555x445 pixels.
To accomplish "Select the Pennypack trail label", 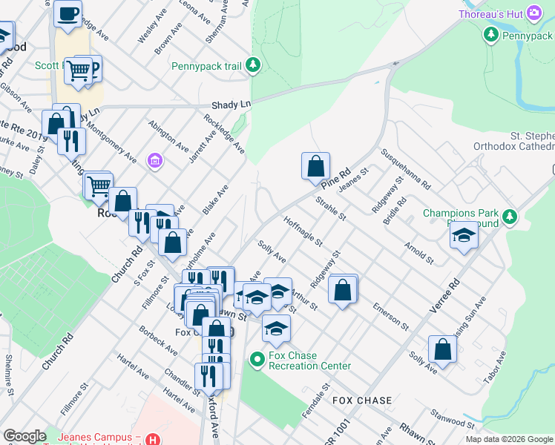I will point(207,66).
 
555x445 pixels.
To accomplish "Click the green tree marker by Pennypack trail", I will point(254,66).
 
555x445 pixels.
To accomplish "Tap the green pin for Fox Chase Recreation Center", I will point(257,360).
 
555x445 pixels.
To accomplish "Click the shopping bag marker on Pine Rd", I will point(315,165).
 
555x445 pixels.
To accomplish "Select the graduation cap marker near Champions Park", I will point(464,235).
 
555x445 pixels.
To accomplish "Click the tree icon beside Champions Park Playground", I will point(510,217).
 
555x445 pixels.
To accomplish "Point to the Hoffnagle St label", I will point(303,231).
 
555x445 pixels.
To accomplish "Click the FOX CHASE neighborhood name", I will point(362,400).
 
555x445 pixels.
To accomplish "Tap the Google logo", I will point(24,436).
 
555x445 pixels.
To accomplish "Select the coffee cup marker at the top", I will point(68,13).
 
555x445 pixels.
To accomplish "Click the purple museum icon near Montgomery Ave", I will point(154,160).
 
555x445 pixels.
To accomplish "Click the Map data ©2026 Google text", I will point(508,439).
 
